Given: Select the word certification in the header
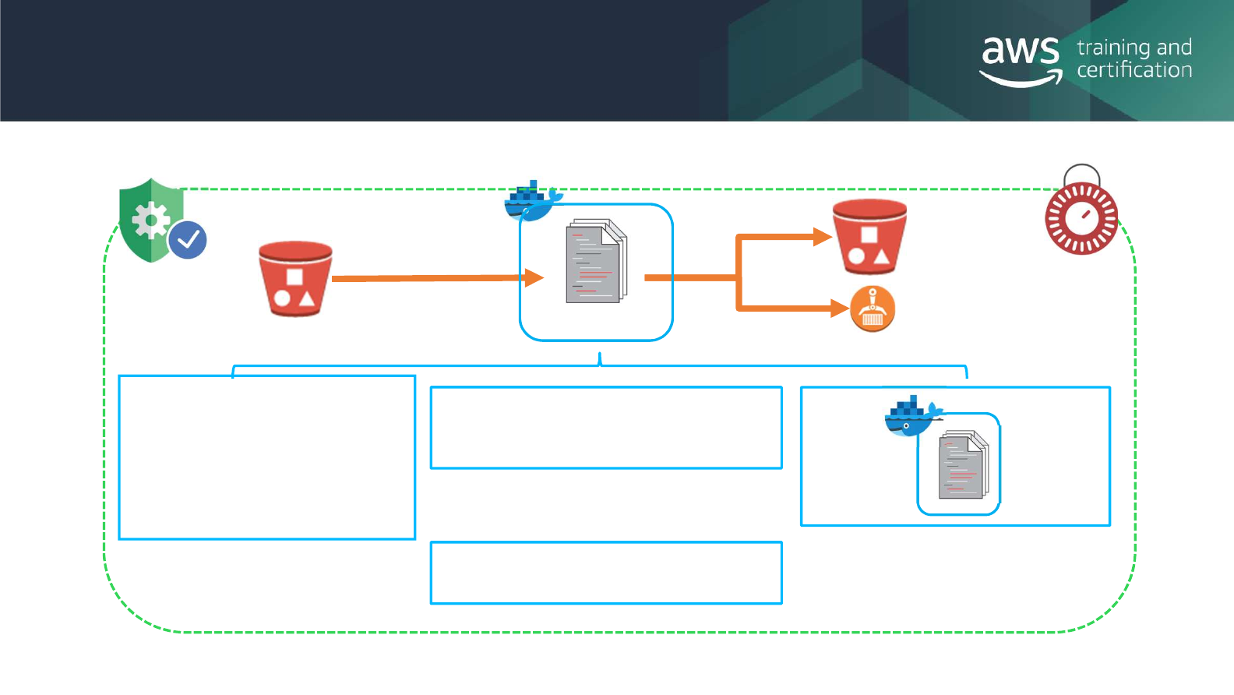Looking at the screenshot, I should (x=1134, y=70).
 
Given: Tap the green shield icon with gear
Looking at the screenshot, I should (x=151, y=220).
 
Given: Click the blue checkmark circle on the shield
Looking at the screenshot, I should (x=188, y=240).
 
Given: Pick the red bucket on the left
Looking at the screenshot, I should (x=295, y=278).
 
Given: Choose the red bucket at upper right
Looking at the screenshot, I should (x=869, y=236).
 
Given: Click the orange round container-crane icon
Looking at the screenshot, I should (x=873, y=309).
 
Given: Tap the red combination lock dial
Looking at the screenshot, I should (x=1081, y=218).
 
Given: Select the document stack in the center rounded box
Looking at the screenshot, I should (x=596, y=262).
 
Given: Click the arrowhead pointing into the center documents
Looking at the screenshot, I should (x=534, y=277).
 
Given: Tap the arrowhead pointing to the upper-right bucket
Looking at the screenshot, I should (x=823, y=236).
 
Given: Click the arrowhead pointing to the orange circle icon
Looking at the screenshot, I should (x=840, y=309).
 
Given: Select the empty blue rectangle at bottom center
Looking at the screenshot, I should (x=606, y=573).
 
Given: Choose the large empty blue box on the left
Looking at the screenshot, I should (x=266, y=457).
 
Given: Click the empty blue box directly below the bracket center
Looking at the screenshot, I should (x=606, y=428).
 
